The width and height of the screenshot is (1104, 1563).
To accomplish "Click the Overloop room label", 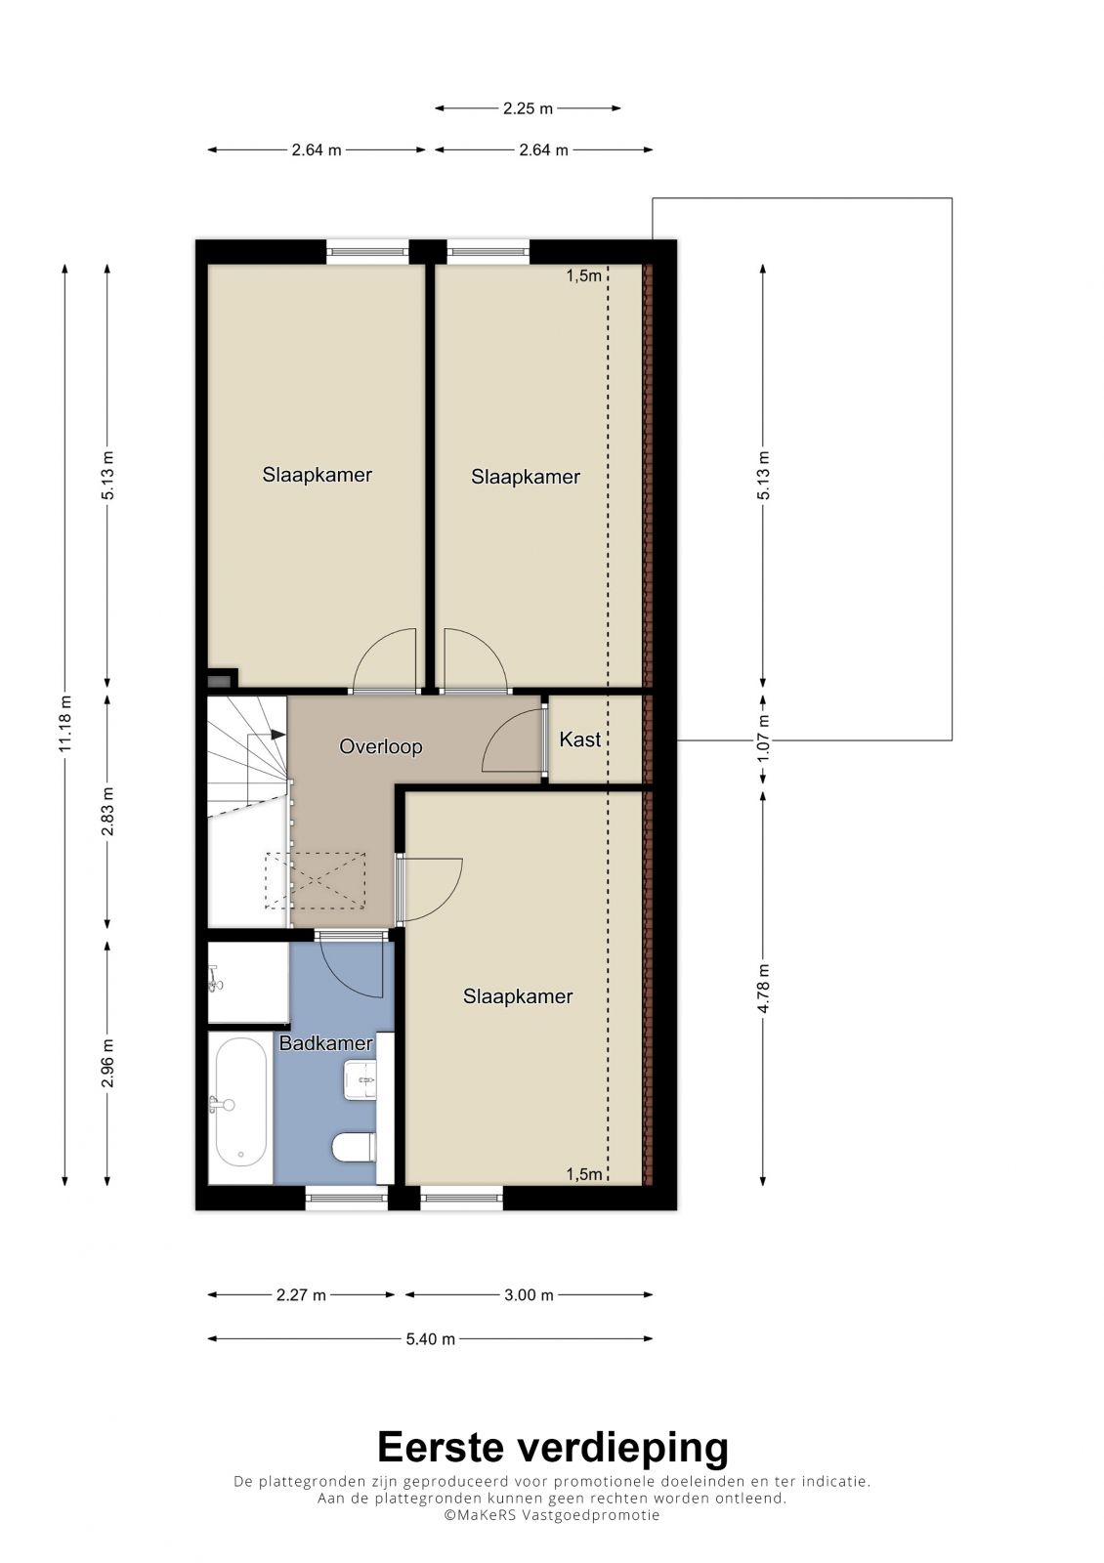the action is tap(380, 746).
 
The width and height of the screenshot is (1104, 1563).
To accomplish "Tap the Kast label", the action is tap(580, 739).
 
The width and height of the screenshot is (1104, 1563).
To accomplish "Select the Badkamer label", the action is tap(326, 1043).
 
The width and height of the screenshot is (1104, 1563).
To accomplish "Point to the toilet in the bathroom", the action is tap(355, 1148).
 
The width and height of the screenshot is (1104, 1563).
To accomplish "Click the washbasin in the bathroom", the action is tap(361, 1080).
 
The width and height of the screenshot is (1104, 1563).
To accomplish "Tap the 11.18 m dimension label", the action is tap(64, 724).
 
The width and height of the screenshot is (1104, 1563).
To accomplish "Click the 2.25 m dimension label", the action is tap(528, 108).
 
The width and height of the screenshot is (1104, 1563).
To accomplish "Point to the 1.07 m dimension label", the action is tap(763, 738).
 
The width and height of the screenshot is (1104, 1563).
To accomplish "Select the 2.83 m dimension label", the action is tap(107, 811).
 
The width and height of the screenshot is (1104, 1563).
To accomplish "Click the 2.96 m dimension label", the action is tap(107, 1064).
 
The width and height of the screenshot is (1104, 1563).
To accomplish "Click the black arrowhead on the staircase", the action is tap(277, 734).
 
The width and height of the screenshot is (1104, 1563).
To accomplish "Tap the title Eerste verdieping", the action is tap(552, 1448).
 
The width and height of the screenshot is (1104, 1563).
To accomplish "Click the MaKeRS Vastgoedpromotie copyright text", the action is tap(551, 1515).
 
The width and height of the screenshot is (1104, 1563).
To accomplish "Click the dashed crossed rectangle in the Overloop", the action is tap(315, 880).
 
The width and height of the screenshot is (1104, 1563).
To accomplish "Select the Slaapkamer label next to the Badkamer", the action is tap(518, 995).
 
